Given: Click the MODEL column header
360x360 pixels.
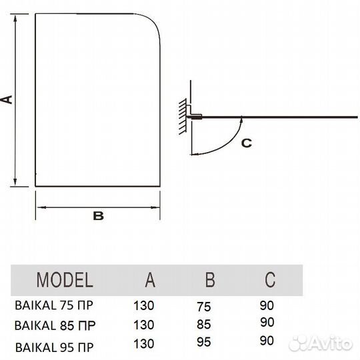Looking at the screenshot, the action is click(65, 279).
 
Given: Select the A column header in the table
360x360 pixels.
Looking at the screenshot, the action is click(150, 279).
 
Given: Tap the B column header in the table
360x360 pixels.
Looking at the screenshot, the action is click(210, 279).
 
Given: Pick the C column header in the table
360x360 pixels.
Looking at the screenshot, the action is click(270, 279).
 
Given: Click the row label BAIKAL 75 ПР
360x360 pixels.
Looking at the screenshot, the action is click(54, 305).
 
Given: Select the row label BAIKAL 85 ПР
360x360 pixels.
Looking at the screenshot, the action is click(55, 325).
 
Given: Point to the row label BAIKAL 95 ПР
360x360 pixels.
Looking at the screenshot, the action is click(55, 347).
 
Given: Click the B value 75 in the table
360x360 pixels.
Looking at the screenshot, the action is click(203, 307).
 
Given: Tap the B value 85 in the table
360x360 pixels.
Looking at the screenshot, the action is click(203, 325).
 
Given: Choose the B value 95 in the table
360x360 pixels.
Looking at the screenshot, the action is click(203, 342).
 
